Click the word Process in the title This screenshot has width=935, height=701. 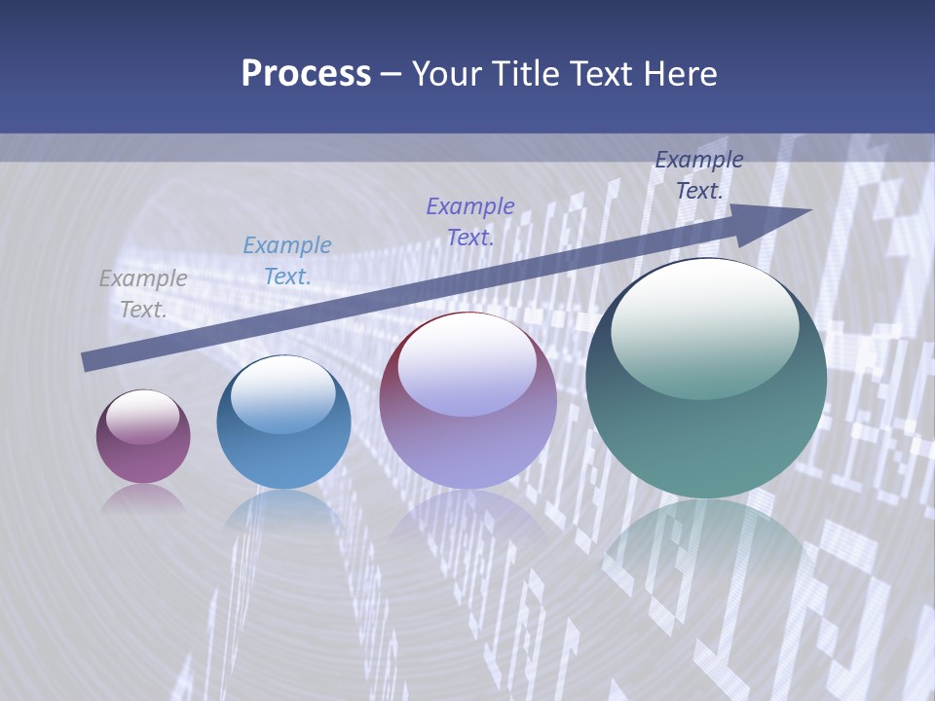coord(306,74)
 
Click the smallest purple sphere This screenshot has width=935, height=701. coord(143,437)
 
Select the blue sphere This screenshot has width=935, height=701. coord(283,423)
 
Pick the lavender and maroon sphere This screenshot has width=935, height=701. coord(467,401)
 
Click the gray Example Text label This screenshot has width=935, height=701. coord(143,293)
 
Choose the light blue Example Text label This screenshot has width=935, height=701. coord(287,260)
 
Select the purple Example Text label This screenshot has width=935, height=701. coord(470,221)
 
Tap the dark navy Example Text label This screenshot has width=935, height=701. coord(699,174)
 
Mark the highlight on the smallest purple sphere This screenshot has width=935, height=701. coord(143,417)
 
